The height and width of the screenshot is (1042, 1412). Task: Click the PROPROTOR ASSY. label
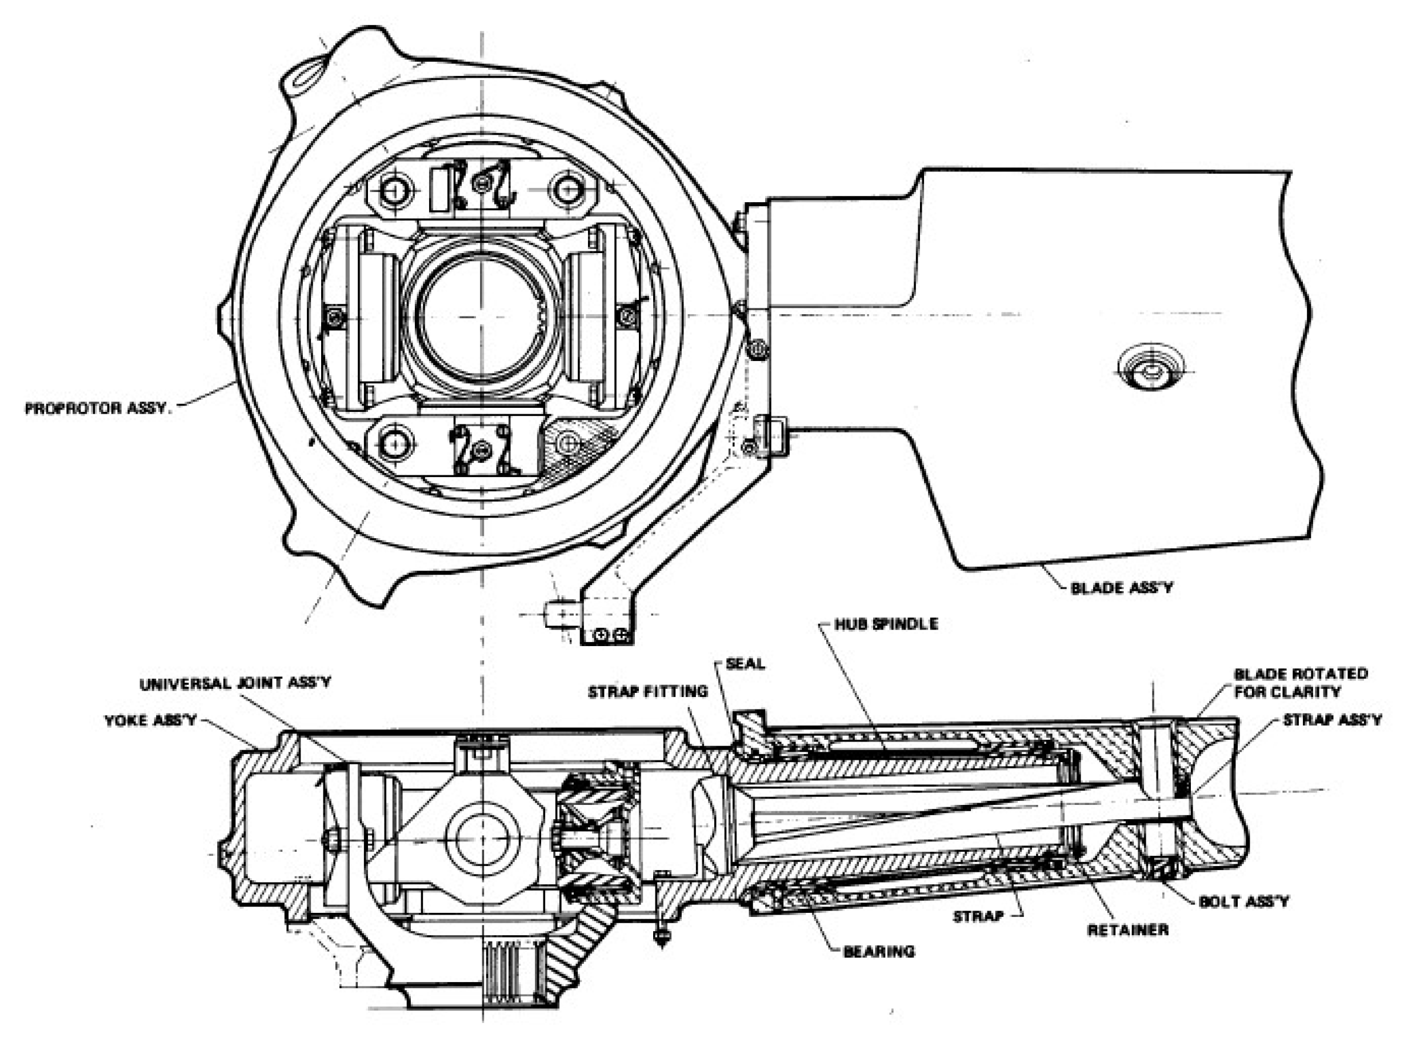98,408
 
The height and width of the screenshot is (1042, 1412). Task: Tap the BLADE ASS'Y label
1121,588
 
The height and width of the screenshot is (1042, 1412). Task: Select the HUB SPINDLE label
886,624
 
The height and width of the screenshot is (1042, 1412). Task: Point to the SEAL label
745,664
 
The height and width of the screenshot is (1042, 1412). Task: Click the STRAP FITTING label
647,692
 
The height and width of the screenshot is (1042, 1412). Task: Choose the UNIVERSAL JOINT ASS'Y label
235,684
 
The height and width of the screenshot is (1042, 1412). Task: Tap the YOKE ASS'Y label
151,720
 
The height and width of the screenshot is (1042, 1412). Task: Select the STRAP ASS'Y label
1332,720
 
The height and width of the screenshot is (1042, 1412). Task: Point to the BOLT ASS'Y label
1243,901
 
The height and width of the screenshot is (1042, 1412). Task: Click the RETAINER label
1127,929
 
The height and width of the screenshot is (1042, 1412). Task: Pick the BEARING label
878,951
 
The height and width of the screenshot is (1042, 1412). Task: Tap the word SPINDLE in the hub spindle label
908,624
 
